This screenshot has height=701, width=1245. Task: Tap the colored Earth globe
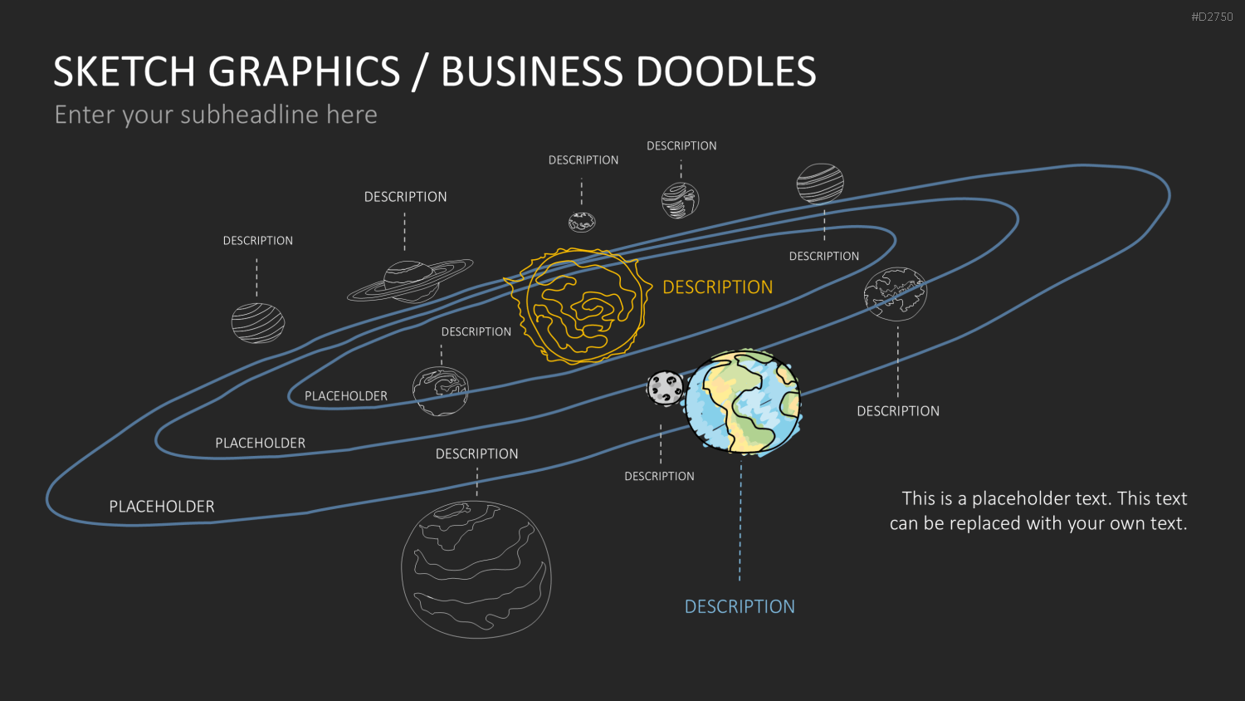pos(743,402)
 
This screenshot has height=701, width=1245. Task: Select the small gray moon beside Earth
pos(665,388)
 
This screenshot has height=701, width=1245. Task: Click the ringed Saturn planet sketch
pos(410,281)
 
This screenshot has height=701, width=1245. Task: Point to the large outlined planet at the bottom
pos(476,569)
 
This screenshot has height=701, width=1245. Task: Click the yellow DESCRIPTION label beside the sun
pos(718,287)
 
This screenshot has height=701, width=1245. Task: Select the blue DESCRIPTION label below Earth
pos(740,606)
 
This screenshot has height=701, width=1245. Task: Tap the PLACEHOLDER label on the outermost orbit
pos(162,507)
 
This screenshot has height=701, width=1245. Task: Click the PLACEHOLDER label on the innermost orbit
pos(346,395)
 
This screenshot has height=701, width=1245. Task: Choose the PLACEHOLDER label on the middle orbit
pos(260,443)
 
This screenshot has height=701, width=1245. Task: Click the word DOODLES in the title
pos(726,71)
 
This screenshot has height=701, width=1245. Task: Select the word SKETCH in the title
pos(124,71)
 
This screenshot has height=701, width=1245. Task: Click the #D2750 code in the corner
pos(1212,17)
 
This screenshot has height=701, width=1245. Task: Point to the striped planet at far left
pos(258,323)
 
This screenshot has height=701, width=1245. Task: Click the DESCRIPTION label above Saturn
pos(405,196)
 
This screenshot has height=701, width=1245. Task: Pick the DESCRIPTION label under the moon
pos(659,476)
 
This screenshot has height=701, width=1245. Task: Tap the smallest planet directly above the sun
pos(582,222)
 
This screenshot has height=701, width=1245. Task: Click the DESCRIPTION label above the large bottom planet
pos(477,454)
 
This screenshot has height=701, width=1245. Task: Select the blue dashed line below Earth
pos(740,520)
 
